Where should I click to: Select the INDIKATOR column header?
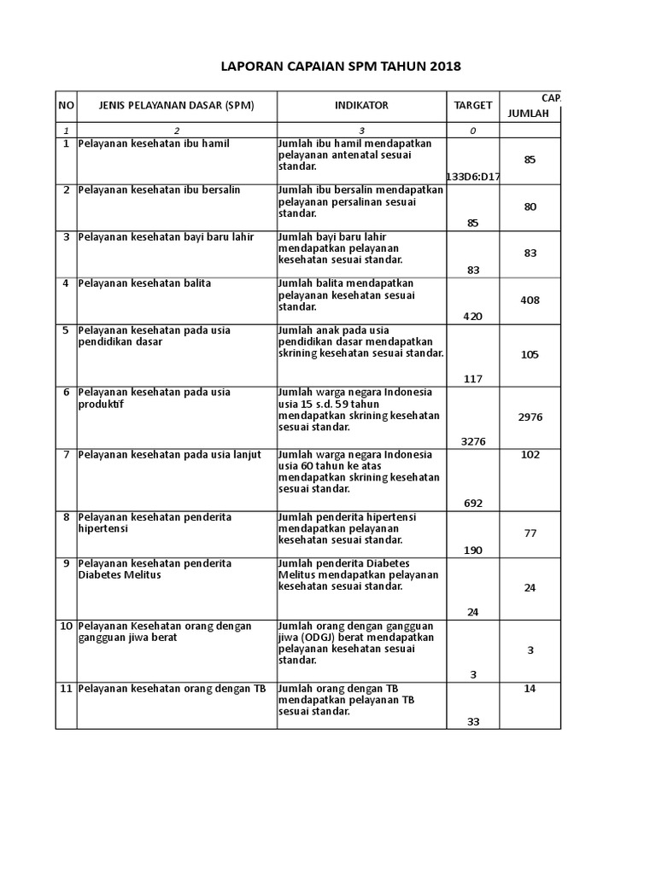coord(361,105)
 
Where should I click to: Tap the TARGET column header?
coord(472,105)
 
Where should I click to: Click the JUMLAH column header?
coord(529,113)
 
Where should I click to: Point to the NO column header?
coord(66,105)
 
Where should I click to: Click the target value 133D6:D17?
coord(472,177)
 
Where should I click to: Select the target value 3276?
coord(472,441)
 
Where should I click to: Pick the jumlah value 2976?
coord(530,417)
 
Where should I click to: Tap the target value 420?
coord(472,316)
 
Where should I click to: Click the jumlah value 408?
coord(530,300)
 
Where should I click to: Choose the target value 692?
coord(473,503)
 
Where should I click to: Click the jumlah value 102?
coord(530,455)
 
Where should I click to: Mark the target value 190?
coord(473,550)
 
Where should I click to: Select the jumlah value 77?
coord(530,533)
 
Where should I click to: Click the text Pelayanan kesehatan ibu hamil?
coord(154,143)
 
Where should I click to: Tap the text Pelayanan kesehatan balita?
coord(144,283)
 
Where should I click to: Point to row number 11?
coord(66,689)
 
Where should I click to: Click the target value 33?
coord(473,721)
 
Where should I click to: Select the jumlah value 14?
coord(530,689)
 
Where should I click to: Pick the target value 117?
coord(473,379)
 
